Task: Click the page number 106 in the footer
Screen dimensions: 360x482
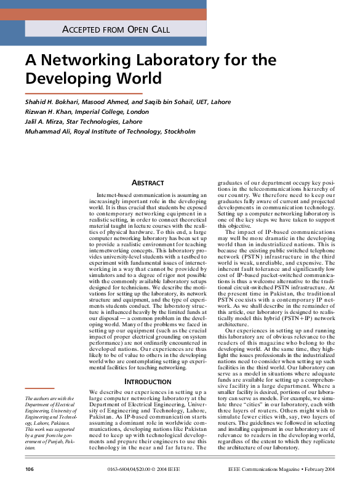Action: click(x=30, y=470)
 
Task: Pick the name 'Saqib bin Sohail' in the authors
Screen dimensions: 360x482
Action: click(x=179, y=102)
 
